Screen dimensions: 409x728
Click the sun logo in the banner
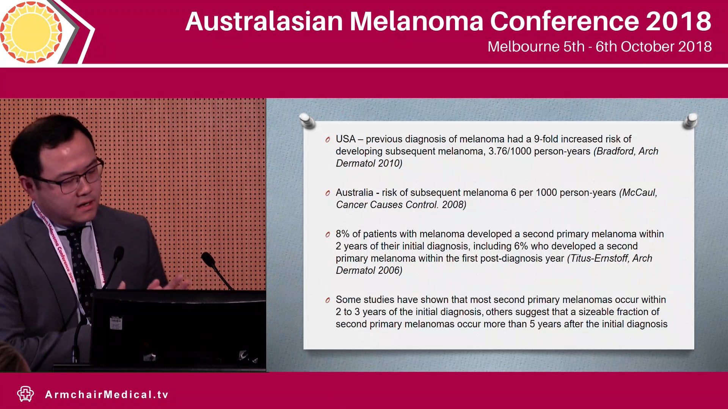31,32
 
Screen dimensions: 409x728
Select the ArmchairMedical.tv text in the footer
107,395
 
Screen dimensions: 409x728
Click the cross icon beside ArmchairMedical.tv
25,394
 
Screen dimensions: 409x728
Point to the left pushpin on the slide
307,120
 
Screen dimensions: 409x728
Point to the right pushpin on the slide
691,120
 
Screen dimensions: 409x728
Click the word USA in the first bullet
345,139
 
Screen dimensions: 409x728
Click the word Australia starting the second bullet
354,192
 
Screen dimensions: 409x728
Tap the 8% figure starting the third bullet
342,234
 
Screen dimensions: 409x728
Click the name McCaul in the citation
640,192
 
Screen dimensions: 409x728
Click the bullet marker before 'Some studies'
328,300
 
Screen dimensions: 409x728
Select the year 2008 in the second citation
453,204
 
